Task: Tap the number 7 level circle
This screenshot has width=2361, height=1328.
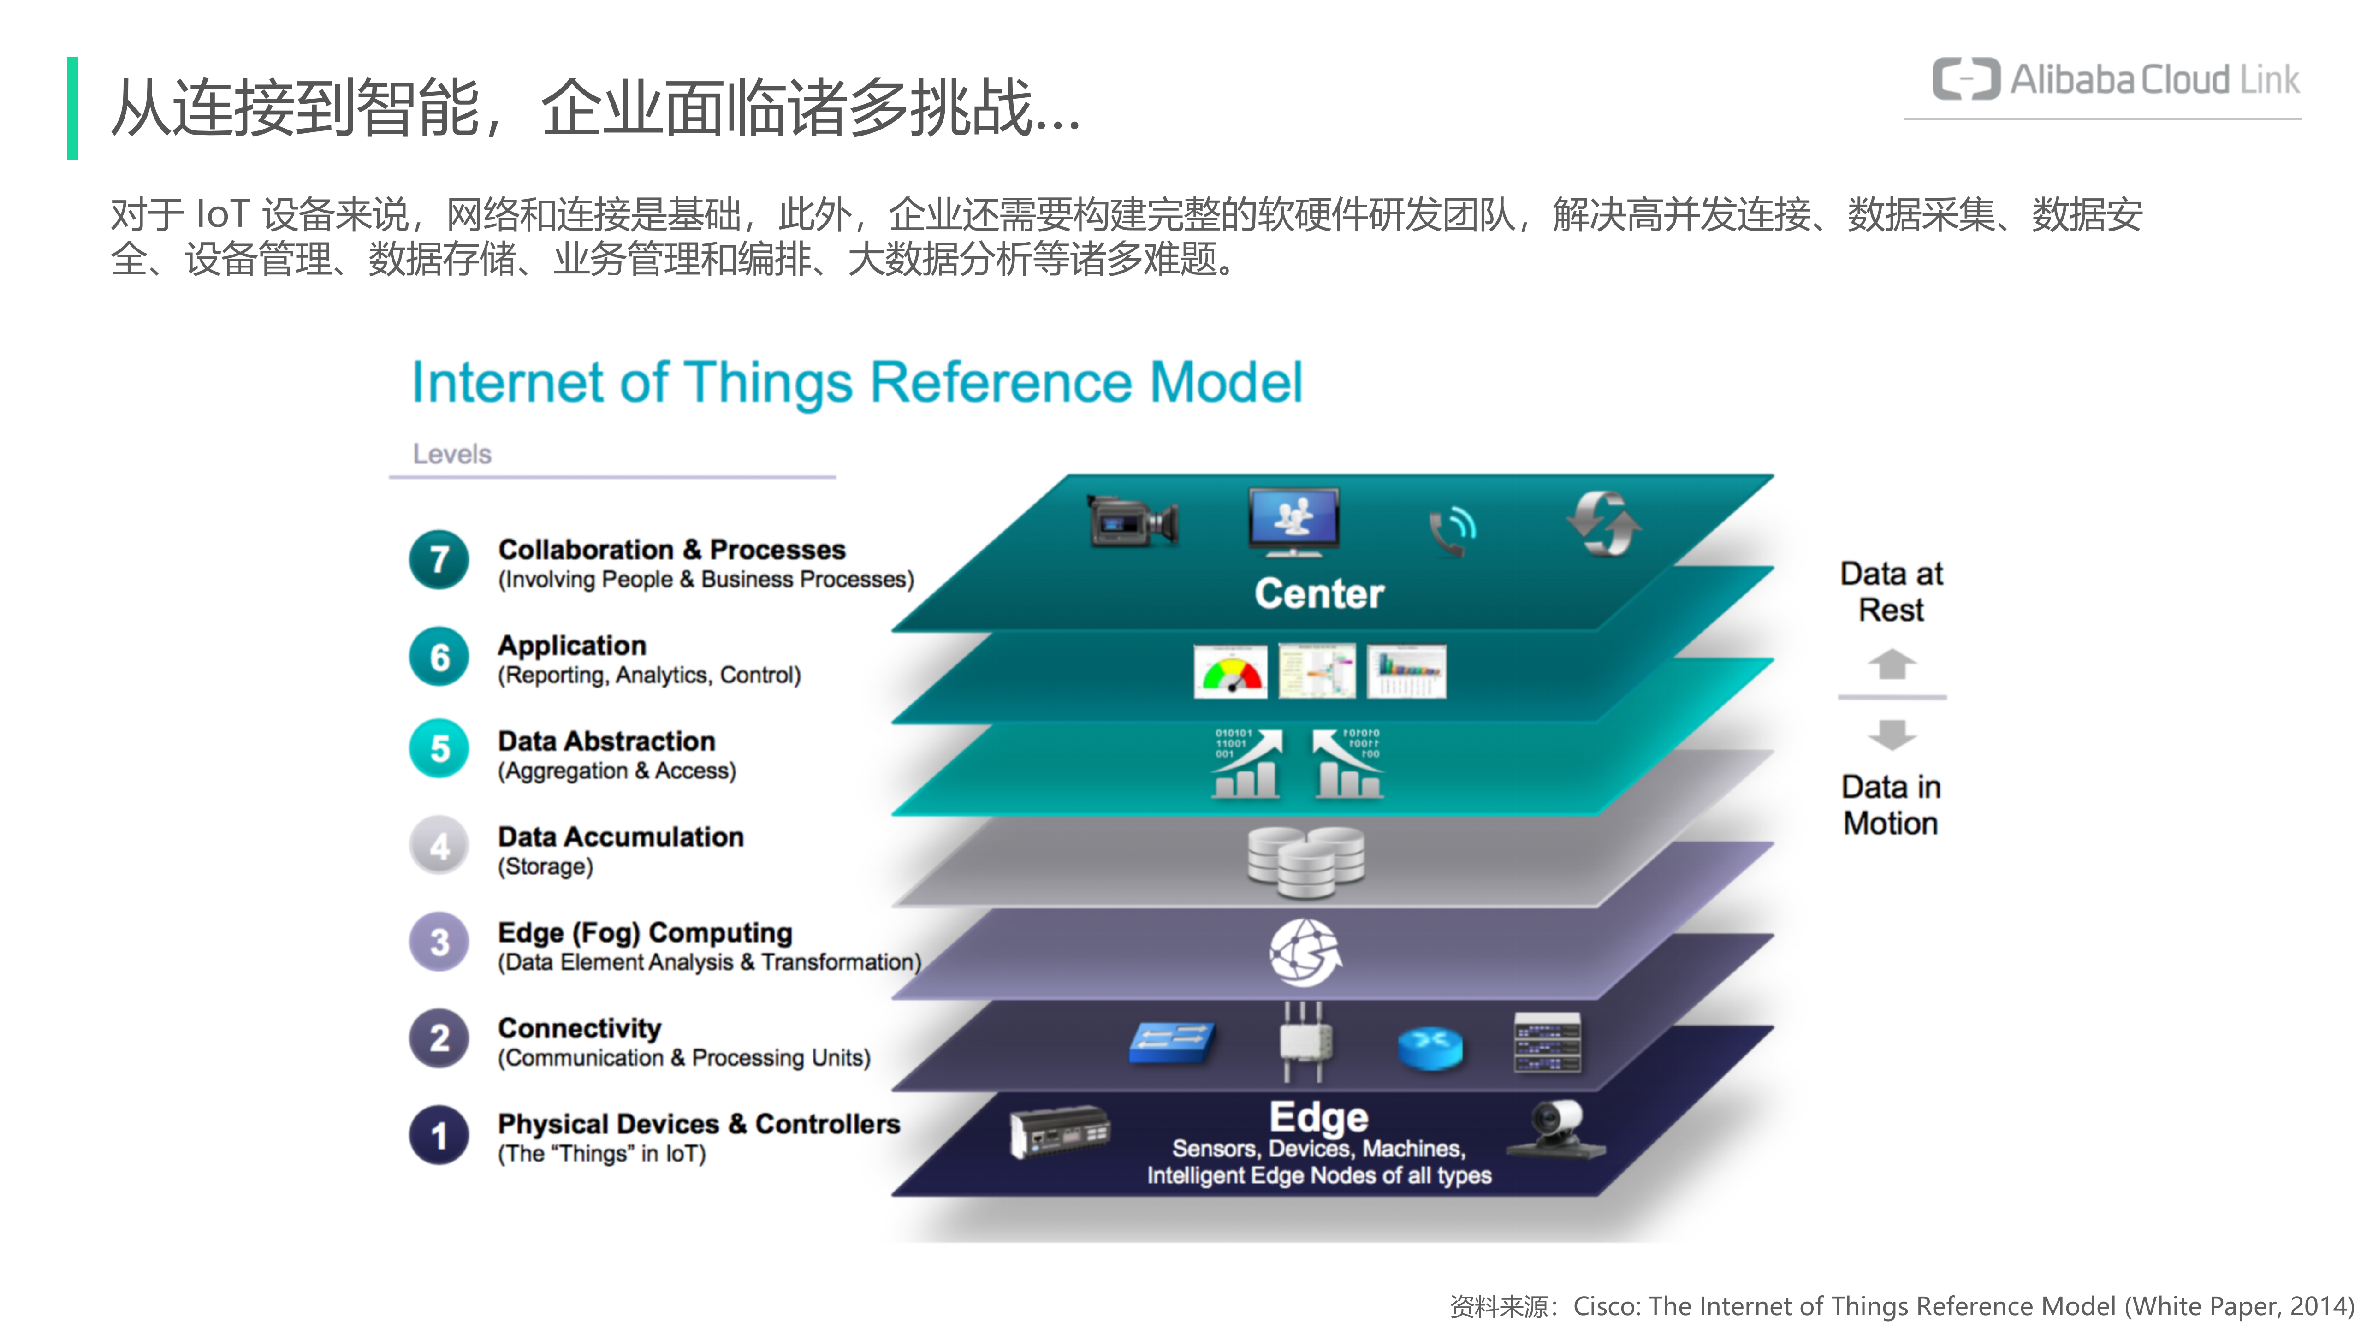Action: click(439, 559)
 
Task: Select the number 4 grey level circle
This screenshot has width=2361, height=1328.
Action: click(439, 846)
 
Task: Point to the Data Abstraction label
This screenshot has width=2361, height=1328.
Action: click(606, 741)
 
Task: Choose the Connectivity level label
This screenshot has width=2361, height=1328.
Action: click(579, 1028)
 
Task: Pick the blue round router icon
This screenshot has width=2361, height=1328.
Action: click(1430, 1048)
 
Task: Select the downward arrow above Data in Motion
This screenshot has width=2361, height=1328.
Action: click(1891, 733)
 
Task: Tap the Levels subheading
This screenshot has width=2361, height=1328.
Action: click(452, 454)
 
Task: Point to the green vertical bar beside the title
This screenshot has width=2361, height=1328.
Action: click(72, 108)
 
